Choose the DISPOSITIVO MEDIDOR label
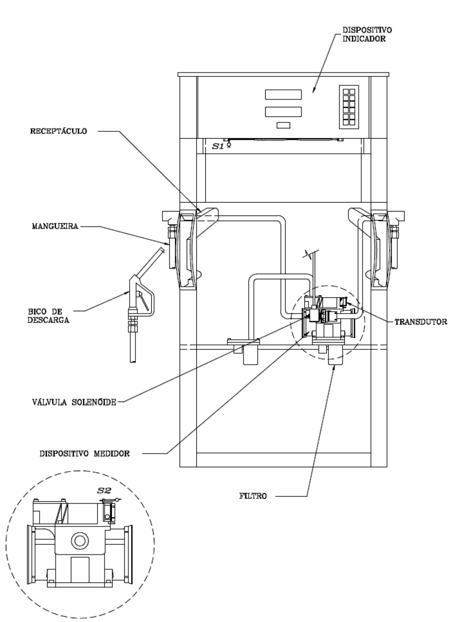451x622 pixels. click(85, 454)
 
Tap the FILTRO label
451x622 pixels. click(253, 496)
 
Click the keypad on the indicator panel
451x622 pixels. click(349, 107)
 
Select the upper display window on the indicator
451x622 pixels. click(283, 94)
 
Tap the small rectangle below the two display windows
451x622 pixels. click(283, 125)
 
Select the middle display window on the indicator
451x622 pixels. click(283, 112)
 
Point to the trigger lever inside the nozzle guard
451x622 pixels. click(143, 301)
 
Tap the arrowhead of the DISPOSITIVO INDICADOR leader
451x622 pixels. click(313, 90)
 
